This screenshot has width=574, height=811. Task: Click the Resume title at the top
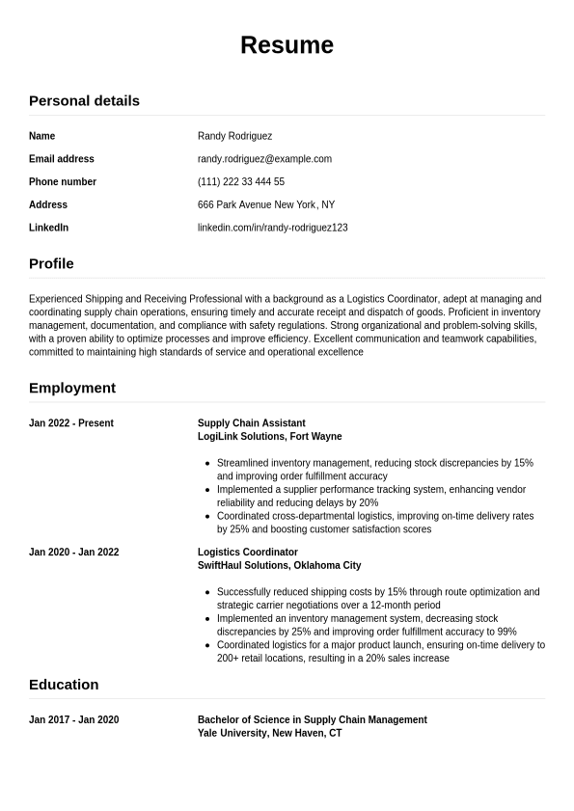click(287, 45)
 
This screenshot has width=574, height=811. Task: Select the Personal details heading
click(84, 100)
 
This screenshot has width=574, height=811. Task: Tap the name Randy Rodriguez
click(234, 136)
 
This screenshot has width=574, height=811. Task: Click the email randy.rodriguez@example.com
click(264, 159)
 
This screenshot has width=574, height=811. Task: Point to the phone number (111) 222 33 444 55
click(241, 182)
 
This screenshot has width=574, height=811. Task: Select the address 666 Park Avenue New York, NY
click(266, 204)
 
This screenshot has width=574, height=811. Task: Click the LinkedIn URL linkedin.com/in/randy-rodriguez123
click(272, 228)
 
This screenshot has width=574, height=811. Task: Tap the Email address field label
click(62, 159)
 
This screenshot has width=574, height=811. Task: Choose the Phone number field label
click(63, 182)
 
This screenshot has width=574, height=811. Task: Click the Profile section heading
click(51, 263)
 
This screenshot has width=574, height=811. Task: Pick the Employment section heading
click(72, 388)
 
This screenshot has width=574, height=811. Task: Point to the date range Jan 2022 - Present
click(71, 423)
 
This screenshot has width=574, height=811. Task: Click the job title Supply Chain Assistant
click(251, 423)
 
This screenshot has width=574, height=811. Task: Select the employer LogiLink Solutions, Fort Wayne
click(269, 437)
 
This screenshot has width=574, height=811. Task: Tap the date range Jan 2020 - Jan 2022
click(73, 553)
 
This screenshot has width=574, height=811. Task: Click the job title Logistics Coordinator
click(248, 553)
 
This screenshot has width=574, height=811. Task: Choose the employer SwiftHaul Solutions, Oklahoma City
click(279, 566)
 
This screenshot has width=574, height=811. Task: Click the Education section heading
click(64, 685)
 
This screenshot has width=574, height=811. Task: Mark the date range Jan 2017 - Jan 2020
click(73, 720)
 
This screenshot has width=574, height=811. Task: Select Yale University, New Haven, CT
click(269, 734)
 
